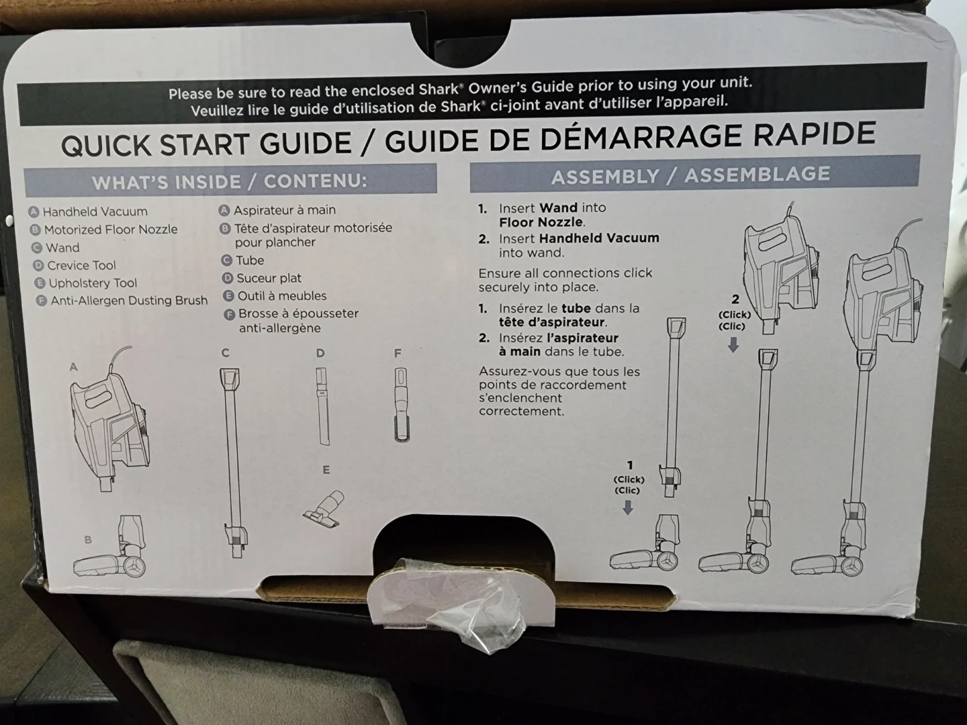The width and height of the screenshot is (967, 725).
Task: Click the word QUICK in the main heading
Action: tap(107, 145)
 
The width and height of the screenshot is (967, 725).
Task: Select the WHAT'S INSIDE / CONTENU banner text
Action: tap(229, 182)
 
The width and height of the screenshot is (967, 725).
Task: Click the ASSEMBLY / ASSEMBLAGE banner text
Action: tap(690, 175)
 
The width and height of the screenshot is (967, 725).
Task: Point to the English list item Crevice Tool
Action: tap(81, 265)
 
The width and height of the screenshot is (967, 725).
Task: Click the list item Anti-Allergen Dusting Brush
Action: tap(129, 300)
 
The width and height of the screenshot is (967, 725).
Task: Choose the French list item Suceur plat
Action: tap(269, 278)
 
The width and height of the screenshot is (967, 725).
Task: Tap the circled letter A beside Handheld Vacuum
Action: tap(34, 211)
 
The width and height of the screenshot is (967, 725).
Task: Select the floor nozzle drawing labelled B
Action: tap(110, 548)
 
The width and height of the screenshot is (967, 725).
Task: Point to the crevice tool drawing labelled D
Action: tap(322, 406)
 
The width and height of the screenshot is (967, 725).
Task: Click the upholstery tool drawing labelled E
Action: tap(324, 509)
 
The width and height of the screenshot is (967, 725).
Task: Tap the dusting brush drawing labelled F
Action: tap(401, 405)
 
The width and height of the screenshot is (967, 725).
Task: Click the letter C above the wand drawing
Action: tap(225, 352)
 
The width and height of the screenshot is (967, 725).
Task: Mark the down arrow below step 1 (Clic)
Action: tap(628, 507)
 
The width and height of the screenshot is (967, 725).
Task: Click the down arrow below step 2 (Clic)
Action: tap(733, 344)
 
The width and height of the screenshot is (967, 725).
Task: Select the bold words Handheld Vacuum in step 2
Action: tap(599, 238)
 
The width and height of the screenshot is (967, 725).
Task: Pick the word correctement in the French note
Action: tap(521, 412)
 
